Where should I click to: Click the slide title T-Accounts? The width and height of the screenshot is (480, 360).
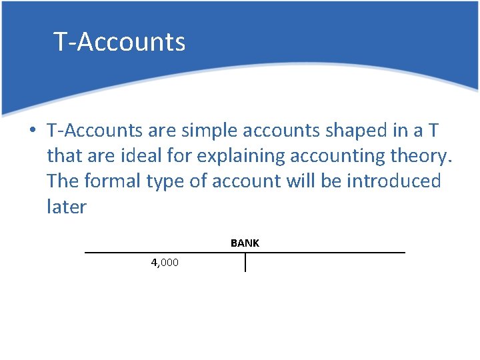(119, 42)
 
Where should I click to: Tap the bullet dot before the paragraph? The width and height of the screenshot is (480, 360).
(32, 129)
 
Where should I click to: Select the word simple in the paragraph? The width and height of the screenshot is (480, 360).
(248, 129)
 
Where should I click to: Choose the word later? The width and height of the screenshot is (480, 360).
(67, 207)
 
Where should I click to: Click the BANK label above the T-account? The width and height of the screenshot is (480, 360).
(245, 243)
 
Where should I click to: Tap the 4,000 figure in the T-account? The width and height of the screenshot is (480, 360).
(165, 263)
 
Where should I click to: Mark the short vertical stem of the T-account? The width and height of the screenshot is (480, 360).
(245, 263)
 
